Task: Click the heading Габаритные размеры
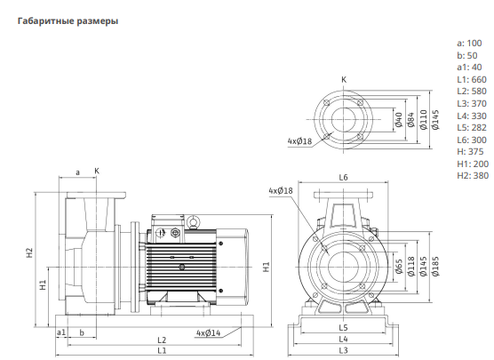68,21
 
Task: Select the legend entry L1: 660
472,79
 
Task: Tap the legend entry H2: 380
473,176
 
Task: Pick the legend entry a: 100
469,44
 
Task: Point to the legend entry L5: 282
472,128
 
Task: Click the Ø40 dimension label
399,120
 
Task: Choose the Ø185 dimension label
435,267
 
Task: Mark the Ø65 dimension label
399,267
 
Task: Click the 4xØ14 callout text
208,333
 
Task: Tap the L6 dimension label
344,178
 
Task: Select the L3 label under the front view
344,350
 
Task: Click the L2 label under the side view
162,340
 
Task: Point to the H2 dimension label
29,252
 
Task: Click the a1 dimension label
61,332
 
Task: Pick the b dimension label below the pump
82,332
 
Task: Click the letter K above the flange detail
344,80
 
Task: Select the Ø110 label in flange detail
424,120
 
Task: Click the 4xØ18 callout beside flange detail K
299,141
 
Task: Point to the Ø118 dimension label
411,267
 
